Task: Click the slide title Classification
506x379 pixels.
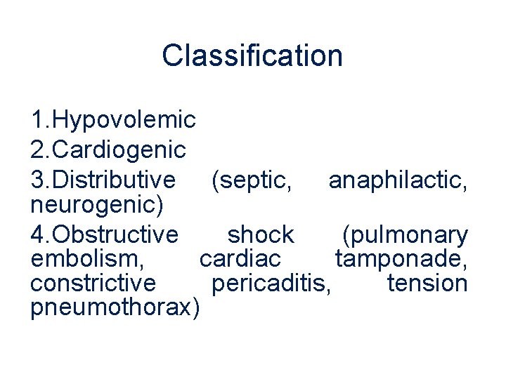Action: coord(252,55)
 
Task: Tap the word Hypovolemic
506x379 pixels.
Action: coord(124,120)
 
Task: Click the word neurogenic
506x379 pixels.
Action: coord(98,204)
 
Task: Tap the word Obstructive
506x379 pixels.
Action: coord(115,234)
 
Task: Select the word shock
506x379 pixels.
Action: coord(261,234)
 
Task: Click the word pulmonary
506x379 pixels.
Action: coord(405,234)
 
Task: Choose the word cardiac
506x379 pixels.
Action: coord(240,259)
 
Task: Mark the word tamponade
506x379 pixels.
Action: coord(401,259)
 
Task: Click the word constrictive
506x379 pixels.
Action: coord(93,283)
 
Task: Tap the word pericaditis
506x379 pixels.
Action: coord(270,283)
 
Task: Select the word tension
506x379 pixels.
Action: coord(427,283)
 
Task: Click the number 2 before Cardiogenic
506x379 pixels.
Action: coord(38,149)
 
